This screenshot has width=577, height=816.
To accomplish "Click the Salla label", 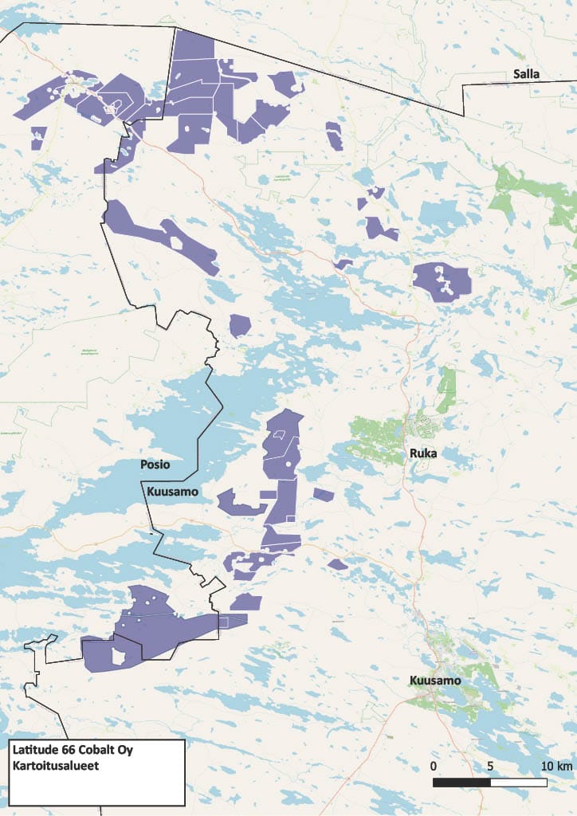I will pyautogui.click(x=527, y=74).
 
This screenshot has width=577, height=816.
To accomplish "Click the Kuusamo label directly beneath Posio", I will pyautogui.click(x=171, y=492).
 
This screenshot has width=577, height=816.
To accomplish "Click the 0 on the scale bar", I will pyautogui.click(x=433, y=766).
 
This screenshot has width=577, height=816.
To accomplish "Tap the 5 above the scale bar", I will pyautogui.click(x=490, y=766).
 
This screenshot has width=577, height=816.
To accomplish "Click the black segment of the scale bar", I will pyautogui.click(x=461, y=782).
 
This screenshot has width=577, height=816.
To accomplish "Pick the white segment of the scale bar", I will pyautogui.click(x=519, y=782).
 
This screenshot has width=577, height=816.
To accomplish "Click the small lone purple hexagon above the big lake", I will pyautogui.click(x=240, y=325).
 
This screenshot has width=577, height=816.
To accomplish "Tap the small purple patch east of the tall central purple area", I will pyautogui.click(x=323, y=495).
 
